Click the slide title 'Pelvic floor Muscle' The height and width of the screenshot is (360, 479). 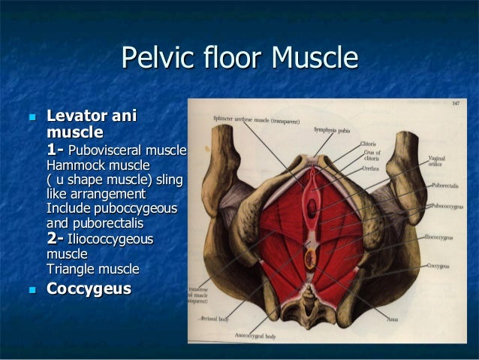239,57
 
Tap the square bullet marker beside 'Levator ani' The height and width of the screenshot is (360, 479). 31,117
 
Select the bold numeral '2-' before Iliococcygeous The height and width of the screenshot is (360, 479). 56,239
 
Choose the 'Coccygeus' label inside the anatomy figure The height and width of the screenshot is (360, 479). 439,265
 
